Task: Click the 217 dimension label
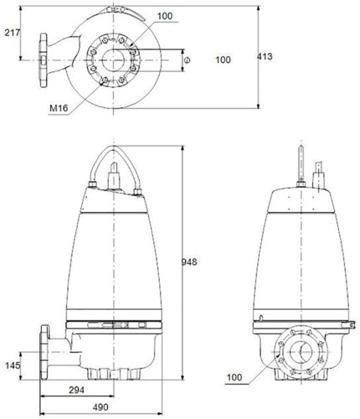(13, 33)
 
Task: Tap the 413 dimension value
(265, 56)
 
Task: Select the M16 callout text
(59, 108)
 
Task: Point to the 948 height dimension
(189, 262)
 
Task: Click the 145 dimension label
(13, 365)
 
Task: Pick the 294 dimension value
(76, 390)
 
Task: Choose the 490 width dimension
(100, 407)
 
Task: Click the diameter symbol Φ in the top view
(188, 59)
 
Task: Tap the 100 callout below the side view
(234, 377)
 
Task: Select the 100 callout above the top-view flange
(165, 16)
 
